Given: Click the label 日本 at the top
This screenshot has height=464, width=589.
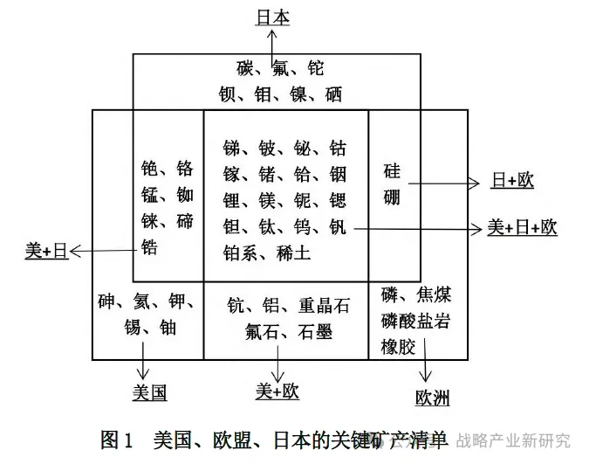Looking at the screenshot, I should coord(273,17).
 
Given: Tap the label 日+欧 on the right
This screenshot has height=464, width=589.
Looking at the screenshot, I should coord(512,181).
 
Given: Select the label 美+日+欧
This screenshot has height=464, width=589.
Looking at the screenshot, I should coord(522,228).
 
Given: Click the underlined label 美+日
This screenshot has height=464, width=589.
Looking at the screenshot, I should coord(45,252).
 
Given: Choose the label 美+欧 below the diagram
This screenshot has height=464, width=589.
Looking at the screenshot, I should coord(277,391).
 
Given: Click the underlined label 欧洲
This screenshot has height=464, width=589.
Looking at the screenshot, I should coord(432,398).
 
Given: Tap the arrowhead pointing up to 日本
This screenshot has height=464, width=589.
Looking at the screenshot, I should coord(273,32).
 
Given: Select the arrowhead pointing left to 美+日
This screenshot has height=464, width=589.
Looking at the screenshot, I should coord(74,253).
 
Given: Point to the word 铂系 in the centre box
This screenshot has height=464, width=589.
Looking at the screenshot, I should coord(241,253).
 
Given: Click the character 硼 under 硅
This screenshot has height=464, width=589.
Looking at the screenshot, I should coord(392,197).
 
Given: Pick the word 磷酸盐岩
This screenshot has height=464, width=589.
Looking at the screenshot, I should coord(415,321).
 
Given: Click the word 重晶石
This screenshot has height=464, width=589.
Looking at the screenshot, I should coord(325,305).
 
